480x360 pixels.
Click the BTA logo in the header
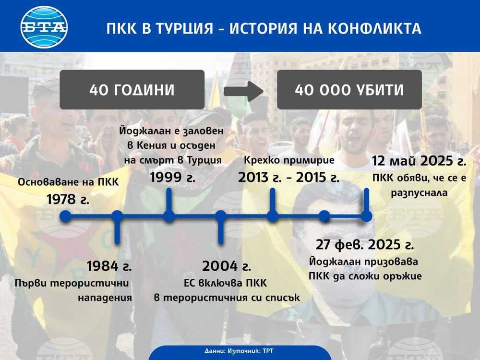(44, 27)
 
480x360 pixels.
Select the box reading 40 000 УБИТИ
(349, 90)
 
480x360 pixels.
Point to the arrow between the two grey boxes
(243, 90)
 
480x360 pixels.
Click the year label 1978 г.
(68, 199)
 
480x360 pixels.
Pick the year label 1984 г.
(109, 266)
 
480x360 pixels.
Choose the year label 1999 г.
(173, 177)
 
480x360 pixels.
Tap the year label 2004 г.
(227, 266)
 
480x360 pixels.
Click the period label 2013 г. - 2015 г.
(288, 177)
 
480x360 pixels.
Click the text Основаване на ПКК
(68, 182)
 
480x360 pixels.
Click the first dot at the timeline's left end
(65, 216)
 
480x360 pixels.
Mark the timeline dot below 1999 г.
(168, 216)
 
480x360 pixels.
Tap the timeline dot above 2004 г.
(221, 216)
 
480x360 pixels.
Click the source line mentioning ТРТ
(240, 351)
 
